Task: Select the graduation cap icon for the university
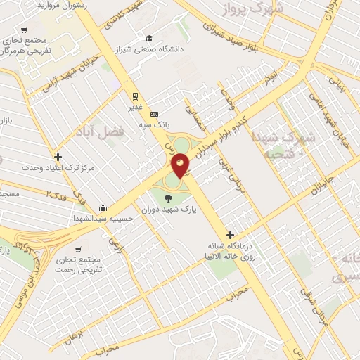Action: point(148,38)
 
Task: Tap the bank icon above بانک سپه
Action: point(155,114)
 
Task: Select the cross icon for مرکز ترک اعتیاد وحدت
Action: point(58,157)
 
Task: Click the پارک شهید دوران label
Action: point(167,209)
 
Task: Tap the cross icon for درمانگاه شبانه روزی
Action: point(229,235)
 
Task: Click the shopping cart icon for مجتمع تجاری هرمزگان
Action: point(25,30)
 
